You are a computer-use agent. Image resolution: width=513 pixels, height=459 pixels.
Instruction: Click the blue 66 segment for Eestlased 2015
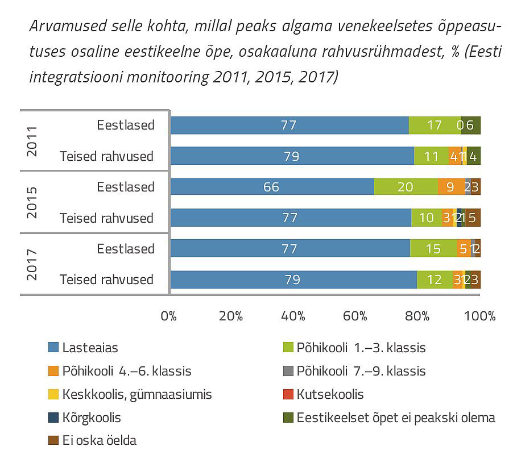[x=272, y=187]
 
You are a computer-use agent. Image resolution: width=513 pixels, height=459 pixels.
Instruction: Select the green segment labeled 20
[x=406, y=187]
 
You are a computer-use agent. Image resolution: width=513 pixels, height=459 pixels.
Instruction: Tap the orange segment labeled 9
[x=451, y=187]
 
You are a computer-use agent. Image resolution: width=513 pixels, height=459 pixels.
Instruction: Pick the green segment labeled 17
[x=435, y=125]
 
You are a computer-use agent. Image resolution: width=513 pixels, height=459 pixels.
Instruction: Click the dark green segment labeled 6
[x=471, y=125]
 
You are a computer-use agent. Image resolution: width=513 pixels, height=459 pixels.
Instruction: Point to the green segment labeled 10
[x=426, y=218]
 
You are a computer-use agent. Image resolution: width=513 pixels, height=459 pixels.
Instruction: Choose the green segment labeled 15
[x=433, y=248]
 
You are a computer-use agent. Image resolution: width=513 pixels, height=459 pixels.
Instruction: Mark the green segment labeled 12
[x=435, y=279]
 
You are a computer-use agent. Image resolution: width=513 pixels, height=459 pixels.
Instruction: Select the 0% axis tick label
[x=168, y=316]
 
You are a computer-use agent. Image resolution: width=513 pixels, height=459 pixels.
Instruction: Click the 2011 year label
[x=32, y=140]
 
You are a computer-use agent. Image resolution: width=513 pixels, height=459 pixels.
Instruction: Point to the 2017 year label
[x=32, y=264]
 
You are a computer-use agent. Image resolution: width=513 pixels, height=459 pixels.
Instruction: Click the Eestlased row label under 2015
[x=125, y=187]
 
